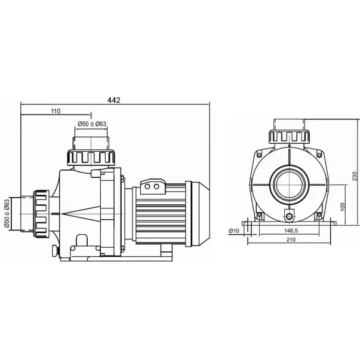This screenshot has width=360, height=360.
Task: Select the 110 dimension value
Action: tap(56, 112)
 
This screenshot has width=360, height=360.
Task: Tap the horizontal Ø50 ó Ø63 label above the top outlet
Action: tap(91, 124)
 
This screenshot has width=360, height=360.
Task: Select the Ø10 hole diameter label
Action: tap(235, 230)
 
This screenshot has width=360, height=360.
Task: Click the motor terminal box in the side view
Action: tap(154, 187)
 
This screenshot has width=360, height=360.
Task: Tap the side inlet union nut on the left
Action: tap(42, 212)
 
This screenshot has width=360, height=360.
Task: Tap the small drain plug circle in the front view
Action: tap(290, 216)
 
